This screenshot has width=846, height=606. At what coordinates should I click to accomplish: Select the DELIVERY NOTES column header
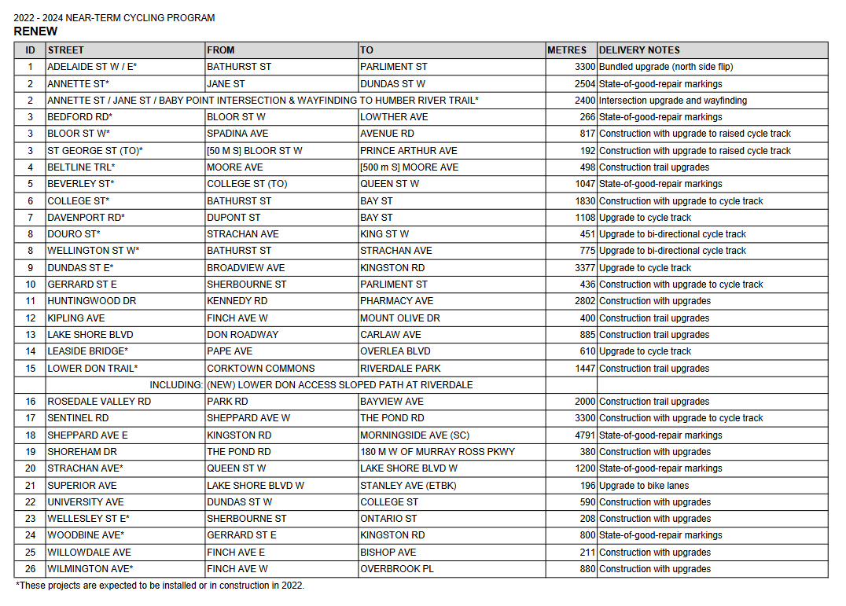click(639, 50)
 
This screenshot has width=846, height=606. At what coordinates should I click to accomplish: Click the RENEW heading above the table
click(35, 31)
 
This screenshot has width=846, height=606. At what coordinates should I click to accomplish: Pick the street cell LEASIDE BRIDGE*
click(87, 351)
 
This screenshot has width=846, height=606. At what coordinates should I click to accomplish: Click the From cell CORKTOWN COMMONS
click(260, 369)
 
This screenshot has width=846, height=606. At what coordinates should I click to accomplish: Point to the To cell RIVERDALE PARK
click(400, 369)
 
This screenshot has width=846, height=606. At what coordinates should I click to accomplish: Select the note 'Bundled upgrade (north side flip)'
click(666, 67)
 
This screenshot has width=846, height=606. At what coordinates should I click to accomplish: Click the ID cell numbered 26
click(30, 569)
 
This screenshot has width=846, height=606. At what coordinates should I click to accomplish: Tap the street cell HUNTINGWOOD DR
click(91, 301)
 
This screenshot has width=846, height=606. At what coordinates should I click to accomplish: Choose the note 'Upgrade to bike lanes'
click(644, 486)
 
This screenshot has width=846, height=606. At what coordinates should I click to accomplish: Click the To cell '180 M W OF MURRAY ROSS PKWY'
click(437, 452)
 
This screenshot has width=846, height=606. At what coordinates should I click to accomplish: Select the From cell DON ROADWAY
click(242, 335)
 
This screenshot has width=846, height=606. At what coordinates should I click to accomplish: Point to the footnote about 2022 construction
click(160, 586)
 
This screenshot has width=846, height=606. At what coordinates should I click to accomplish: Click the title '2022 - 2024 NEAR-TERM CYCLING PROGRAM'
click(114, 18)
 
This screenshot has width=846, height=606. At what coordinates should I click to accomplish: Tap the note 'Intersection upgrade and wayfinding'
click(673, 101)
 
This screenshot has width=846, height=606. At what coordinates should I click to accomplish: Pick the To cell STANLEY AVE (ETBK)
click(408, 486)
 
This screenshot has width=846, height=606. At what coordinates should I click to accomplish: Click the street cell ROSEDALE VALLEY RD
click(99, 402)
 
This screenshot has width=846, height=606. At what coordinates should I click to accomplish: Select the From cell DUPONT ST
click(234, 218)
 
